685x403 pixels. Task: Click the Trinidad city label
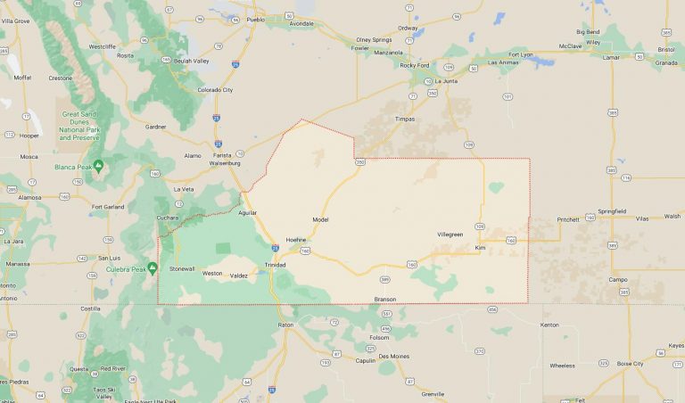click(275, 266)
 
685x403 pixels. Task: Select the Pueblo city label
click(255, 19)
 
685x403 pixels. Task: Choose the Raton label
click(285, 325)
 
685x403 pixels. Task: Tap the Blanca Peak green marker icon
click(98, 165)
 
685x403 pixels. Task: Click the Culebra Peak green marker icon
click(153, 267)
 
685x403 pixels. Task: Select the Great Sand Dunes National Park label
click(78, 126)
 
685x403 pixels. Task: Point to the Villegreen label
click(450, 234)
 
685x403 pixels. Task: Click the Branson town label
click(385, 299)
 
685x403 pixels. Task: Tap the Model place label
click(321, 219)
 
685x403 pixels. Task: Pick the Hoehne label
click(296, 239)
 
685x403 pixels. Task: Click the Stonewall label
click(182, 268)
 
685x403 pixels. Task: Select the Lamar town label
click(611, 57)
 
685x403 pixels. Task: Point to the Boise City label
click(630, 363)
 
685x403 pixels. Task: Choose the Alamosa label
click(30, 197)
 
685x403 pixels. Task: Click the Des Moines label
click(393, 356)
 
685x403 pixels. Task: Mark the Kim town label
click(480, 247)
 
